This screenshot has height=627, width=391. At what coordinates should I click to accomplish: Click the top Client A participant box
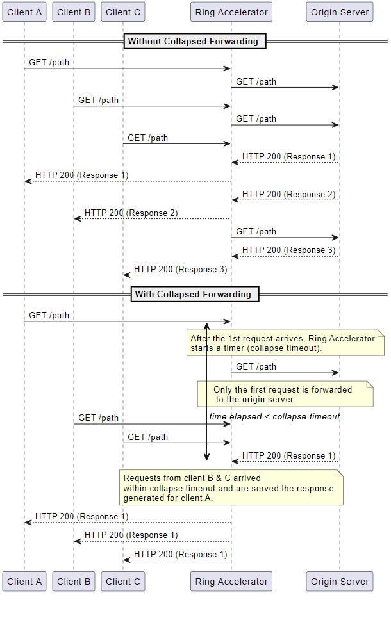click(x=24, y=12)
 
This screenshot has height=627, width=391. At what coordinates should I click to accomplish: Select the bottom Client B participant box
click(x=74, y=582)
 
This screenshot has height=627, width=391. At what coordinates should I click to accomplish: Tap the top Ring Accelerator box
click(x=231, y=12)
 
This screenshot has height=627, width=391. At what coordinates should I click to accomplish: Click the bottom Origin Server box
click(x=340, y=582)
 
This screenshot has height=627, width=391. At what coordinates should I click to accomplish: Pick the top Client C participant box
click(x=123, y=12)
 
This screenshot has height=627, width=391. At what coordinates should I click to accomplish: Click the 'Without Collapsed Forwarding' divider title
click(x=194, y=41)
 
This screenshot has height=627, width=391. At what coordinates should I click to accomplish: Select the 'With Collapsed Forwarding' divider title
click(x=195, y=295)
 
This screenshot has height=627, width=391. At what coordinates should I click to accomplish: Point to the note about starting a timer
click(x=285, y=343)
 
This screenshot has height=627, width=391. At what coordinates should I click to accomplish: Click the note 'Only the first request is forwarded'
click(x=285, y=395)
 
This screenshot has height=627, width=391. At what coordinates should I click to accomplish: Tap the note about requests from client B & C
click(x=231, y=488)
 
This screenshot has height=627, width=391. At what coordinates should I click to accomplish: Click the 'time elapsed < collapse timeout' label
click(x=274, y=417)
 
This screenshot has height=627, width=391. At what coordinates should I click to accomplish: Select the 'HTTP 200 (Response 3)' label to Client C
click(x=181, y=269)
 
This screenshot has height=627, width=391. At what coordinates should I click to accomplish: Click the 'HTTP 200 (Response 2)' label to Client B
click(x=131, y=213)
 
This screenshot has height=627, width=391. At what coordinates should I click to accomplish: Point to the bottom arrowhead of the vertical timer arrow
click(x=206, y=459)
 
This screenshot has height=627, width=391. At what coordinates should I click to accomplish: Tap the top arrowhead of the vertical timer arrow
click(x=206, y=325)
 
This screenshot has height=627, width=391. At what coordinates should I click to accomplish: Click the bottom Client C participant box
click(x=123, y=582)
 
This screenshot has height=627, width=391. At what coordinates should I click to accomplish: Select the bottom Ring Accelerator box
click(x=231, y=582)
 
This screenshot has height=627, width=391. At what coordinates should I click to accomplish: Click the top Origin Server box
click(x=340, y=12)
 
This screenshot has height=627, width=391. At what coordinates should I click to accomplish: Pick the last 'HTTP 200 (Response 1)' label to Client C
click(x=181, y=554)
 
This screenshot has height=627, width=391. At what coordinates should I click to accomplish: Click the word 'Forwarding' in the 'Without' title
click(x=235, y=41)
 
